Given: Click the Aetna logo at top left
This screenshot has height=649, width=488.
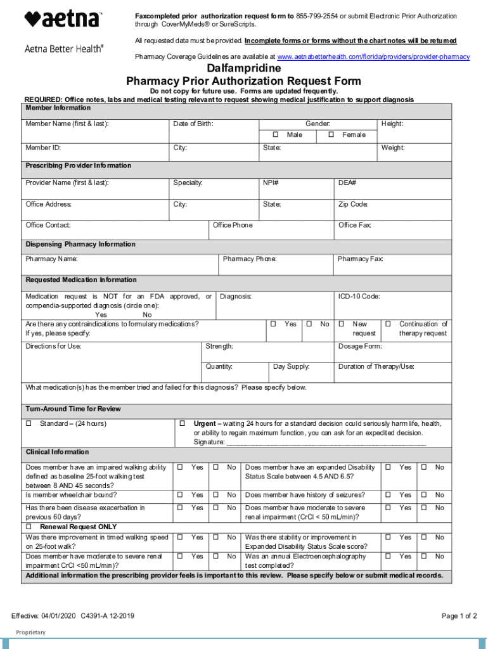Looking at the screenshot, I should [x=63, y=20].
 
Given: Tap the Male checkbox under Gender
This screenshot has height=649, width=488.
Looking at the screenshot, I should [x=276, y=135].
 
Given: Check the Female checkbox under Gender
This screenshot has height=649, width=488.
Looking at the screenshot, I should [x=331, y=135].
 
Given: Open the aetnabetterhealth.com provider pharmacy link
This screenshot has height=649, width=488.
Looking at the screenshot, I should [x=374, y=57].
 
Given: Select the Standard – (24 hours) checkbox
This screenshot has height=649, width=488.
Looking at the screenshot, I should [x=29, y=423].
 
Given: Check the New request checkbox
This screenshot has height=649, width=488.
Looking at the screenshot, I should [x=341, y=324].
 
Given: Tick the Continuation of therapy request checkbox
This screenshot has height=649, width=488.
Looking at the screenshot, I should [x=388, y=324].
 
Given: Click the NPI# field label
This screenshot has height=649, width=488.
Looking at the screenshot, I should [x=271, y=183].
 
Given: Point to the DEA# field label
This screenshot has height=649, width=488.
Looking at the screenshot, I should [x=347, y=183].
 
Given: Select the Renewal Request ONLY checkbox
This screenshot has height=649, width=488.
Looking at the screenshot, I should [x=29, y=526].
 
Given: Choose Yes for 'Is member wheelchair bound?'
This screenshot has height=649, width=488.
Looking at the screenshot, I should [x=180, y=495].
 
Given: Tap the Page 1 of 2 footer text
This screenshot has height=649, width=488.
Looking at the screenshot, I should [x=459, y=616].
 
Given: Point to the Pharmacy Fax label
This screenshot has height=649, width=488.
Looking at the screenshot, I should [x=360, y=259].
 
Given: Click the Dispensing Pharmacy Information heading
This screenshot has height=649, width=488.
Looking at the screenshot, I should [x=80, y=244].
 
